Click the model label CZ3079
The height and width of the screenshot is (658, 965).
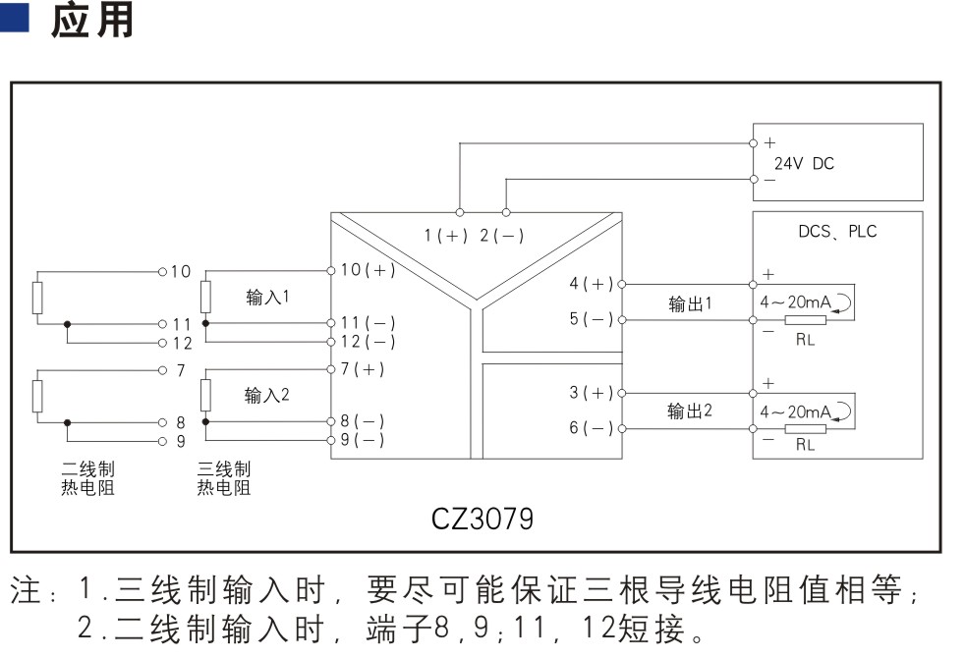[x=482, y=518]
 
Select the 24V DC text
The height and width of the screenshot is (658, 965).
[x=803, y=164]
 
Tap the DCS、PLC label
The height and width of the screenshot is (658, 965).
[x=837, y=233]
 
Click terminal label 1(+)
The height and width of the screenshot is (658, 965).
[x=447, y=236]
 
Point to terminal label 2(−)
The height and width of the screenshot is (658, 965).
[x=501, y=236]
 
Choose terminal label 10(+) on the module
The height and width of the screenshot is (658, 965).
[x=368, y=270]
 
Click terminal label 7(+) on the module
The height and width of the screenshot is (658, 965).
[x=362, y=369]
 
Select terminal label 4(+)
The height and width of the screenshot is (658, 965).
[x=591, y=284]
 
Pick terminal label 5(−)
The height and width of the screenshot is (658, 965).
[x=591, y=319]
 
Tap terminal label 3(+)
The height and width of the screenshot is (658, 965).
[x=591, y=393]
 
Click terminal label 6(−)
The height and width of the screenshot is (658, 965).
[x=591, y=428]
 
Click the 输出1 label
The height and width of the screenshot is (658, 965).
[x=690, y=304]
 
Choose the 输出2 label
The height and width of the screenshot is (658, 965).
[x=690, y=411]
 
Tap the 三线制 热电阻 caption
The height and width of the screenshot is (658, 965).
[x=223, y=478]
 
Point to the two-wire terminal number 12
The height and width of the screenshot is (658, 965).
[x=182, y=343]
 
